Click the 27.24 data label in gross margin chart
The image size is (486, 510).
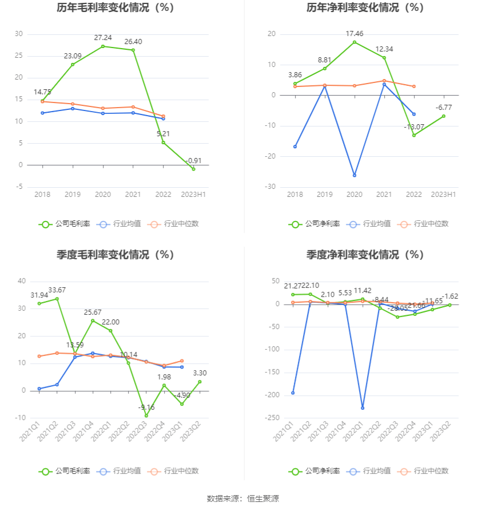[x=103, y=38]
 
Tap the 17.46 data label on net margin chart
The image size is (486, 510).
[x=354, y=34]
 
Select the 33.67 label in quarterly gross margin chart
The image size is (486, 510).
[x=57, y=290]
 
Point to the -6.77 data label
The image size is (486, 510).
[x=444, y=107]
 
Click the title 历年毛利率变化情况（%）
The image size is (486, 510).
[x=115, y=8]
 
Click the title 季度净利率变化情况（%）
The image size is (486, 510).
[x=365, y=255]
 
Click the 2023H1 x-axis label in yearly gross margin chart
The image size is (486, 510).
[x=193, y=195]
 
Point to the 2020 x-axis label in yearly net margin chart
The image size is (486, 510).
[x=354, y=195]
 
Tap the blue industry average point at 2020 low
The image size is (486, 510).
[x=354, y=175]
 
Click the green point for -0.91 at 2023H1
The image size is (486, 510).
[x=194, y=169]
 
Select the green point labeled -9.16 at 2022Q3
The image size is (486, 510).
[x=146, y=416]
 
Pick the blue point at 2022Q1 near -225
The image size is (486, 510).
[x=362, y=408]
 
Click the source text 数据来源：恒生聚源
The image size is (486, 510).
[x=243, y=499]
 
